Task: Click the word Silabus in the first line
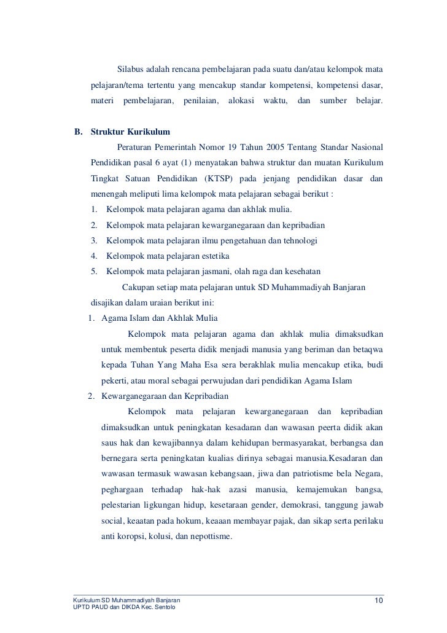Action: tap(131, 67)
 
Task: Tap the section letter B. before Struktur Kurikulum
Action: tap(79, 132)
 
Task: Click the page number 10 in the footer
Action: tap(378, 600)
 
